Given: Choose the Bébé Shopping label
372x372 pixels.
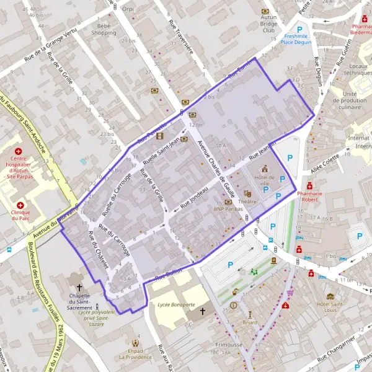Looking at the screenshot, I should [x=104, y=30].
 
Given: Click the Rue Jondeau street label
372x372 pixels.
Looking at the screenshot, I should [x=193, y=198].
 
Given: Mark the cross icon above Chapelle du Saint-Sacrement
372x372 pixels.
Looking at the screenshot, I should [x=79, y=288].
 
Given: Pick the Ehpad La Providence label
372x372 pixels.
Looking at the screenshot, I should [x=135, y=353].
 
